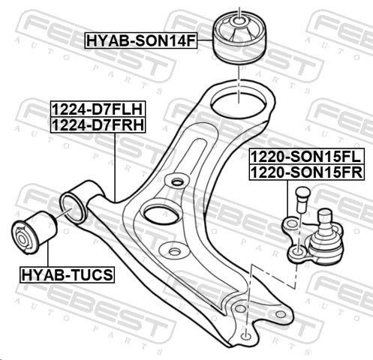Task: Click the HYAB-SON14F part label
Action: [141, 40]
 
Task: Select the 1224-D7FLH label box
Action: [98, 109]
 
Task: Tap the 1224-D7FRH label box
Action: [98, 124]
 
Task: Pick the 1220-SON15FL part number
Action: [306, 157]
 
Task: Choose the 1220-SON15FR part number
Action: [306, 172]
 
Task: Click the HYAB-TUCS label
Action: [67, 274]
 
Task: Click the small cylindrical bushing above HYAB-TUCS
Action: [34, 232]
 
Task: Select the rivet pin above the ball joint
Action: [302, 199]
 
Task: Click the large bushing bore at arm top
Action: [239, 105]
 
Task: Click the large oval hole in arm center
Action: [162, 214]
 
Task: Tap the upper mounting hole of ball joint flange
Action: [292, 223]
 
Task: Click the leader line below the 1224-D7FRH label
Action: [116, 167]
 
